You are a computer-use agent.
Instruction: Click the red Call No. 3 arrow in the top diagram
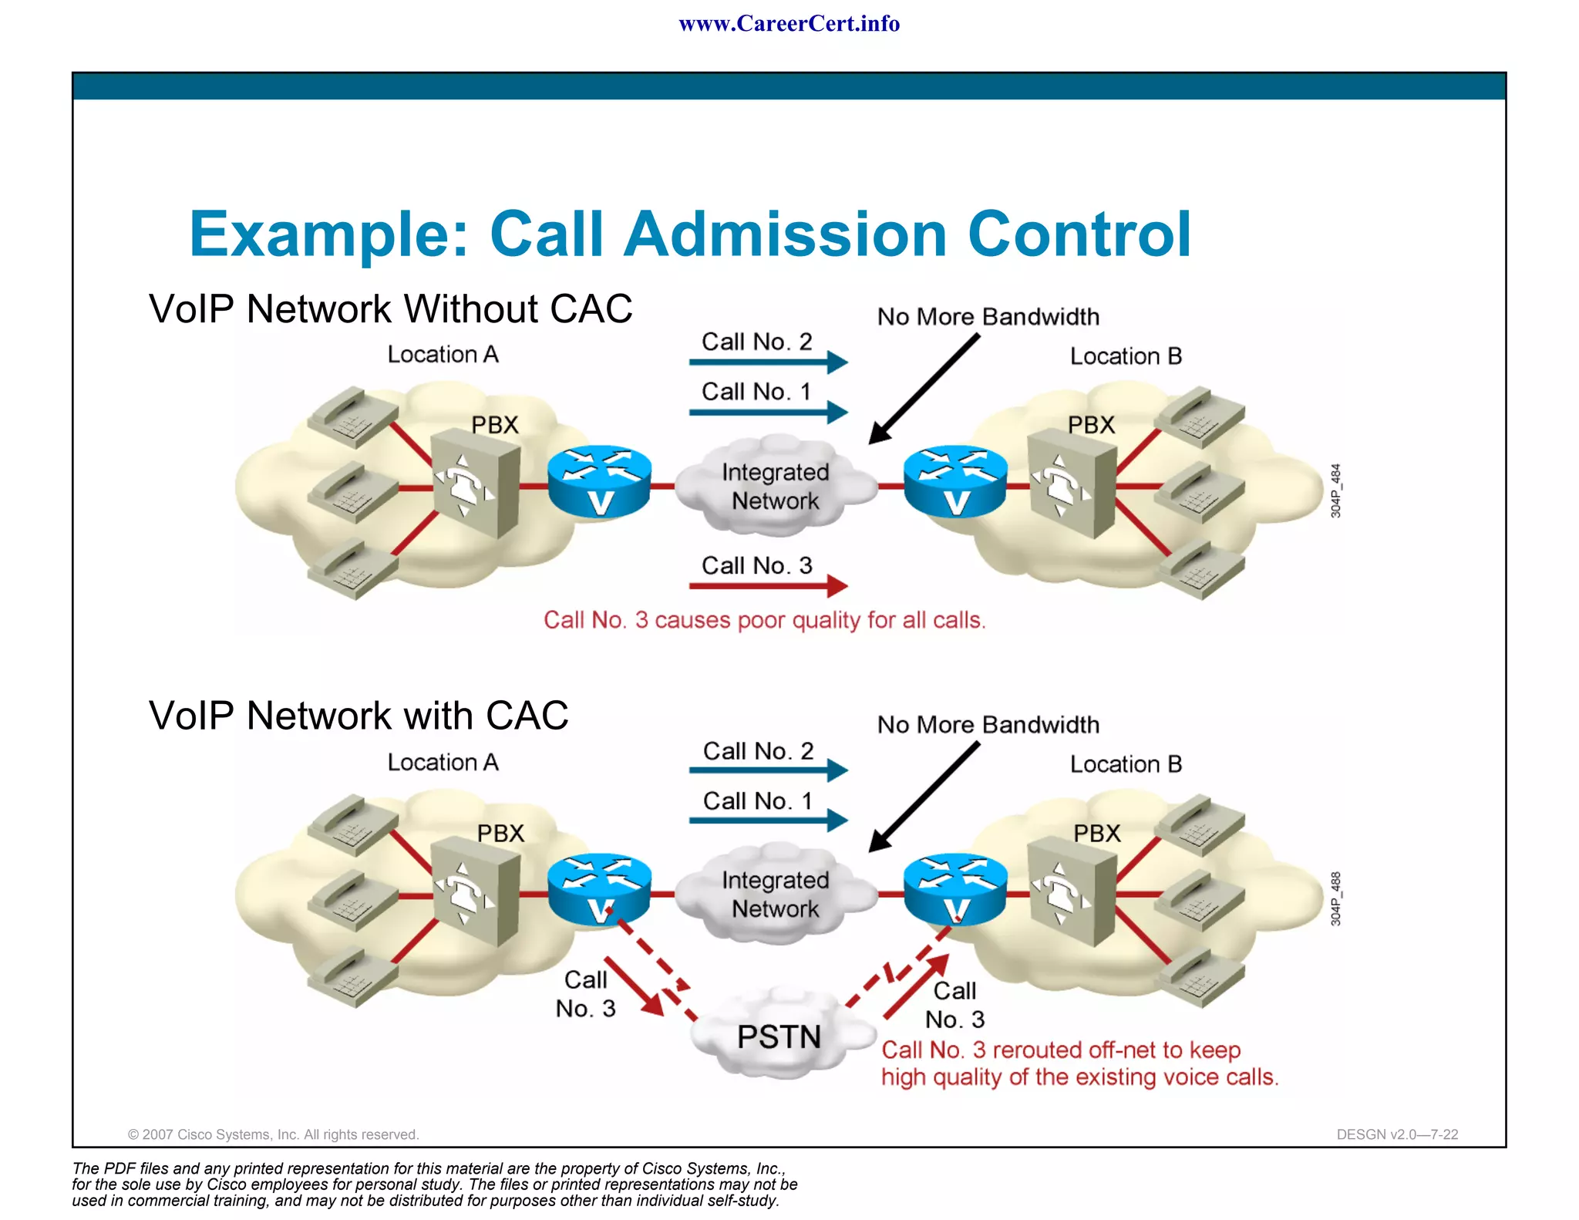767,587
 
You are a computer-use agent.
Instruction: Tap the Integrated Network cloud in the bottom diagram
775,895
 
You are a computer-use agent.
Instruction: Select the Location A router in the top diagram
599,482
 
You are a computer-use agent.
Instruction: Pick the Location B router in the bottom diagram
955,891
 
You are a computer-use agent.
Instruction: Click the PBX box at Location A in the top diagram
474,484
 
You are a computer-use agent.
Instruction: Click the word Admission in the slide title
785,234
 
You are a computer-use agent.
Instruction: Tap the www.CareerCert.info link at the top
789,24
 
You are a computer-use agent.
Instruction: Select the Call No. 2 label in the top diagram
756,342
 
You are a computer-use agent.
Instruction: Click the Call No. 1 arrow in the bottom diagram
767,821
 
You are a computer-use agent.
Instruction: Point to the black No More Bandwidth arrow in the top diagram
924,389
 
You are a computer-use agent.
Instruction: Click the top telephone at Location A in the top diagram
351,416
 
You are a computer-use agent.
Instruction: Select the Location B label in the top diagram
1125,356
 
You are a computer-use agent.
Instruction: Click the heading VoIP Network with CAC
359,716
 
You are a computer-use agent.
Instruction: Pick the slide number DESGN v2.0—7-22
1396,1134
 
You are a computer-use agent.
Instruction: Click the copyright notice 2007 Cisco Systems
273,1134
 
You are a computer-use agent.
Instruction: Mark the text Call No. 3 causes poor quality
764,620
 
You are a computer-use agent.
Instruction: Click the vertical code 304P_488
1335,898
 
